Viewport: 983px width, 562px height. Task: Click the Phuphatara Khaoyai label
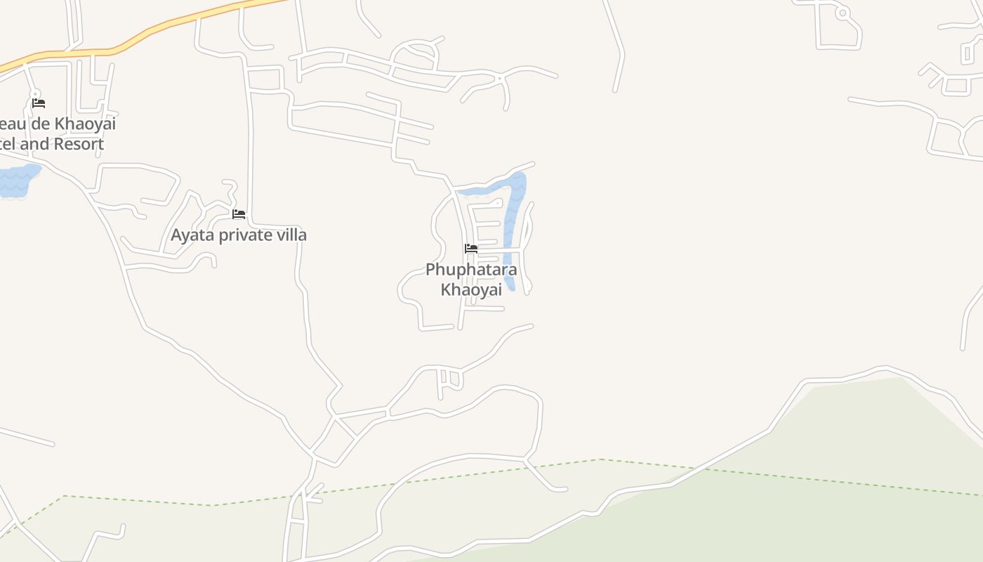(x=471, y=280)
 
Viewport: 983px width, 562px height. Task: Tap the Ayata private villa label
(x=239, y=235)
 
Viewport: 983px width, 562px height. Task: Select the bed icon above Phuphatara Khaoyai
(x=471, y=249)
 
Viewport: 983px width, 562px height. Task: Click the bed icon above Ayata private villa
(x=239, y=214)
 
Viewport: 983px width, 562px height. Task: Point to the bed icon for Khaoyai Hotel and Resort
(x=39, y=103)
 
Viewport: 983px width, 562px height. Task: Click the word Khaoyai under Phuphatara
(x=471, y=289)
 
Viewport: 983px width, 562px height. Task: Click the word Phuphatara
(x=471, y=270)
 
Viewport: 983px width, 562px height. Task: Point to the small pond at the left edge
(x=17, y=181)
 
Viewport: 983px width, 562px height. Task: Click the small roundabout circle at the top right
(x=843, y=13)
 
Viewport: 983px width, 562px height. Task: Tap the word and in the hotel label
(x=32, y=144)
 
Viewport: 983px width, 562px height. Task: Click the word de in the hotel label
(x=40, y=124)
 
